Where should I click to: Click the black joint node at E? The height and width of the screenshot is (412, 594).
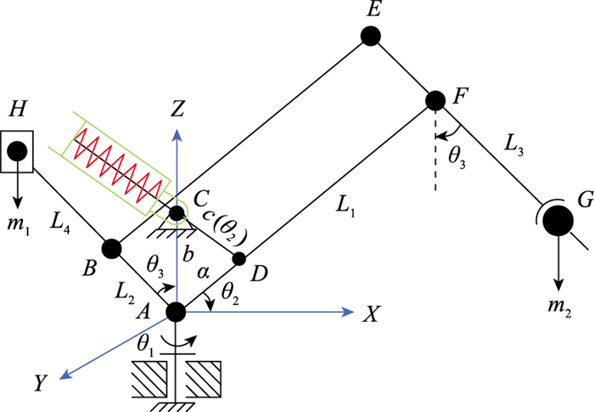(x=371, y=37)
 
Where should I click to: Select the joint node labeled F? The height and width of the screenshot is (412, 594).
(x=435, y=100)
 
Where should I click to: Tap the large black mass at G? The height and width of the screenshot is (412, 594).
(x=558, y=221)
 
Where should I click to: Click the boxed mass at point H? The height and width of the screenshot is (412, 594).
(x=17, y=151)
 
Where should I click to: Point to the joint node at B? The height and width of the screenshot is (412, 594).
(x=112, y=249)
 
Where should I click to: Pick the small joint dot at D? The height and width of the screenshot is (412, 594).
(x=238, y=259)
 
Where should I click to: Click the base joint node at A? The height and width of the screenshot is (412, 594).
(x=177, y=312)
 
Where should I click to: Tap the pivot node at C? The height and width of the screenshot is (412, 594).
(x=177, y=213)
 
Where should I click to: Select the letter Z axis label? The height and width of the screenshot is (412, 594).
(x=177, y=109)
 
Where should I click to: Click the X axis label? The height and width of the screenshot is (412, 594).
(x=371, y=313)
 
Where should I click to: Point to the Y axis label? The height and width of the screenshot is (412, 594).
(x=40, y=382)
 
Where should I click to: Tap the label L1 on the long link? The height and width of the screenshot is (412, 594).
(x=346, y=206)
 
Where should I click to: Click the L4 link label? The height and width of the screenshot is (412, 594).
(x=60, y=223)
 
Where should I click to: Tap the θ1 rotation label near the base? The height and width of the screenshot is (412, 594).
(x=146, y=346)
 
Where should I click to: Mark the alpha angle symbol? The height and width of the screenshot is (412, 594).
(x=203, y=273)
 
